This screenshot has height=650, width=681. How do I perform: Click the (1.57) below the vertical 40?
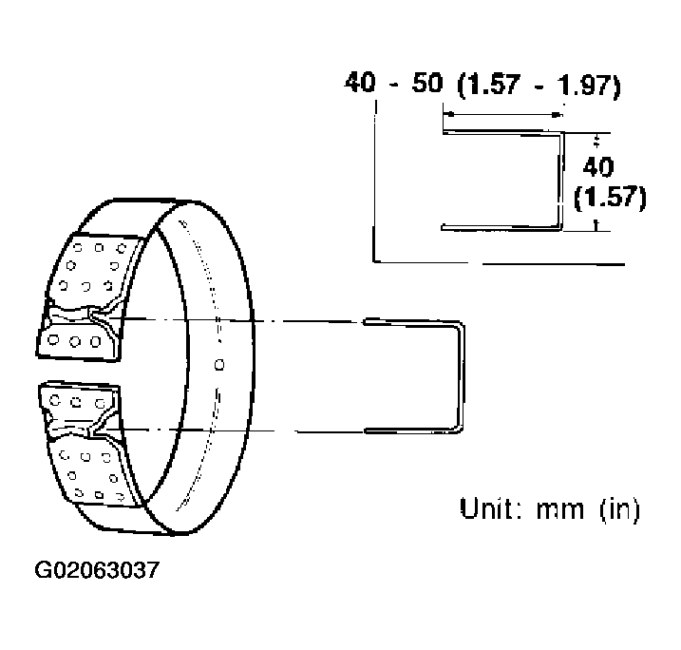click(610, 198)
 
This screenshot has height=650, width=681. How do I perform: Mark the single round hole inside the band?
click(219, 362)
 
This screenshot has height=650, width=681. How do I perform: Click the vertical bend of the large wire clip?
click(463, 376)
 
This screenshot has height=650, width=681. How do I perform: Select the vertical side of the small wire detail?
click(559, 181)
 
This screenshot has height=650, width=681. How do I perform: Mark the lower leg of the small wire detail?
click(499, 227)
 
